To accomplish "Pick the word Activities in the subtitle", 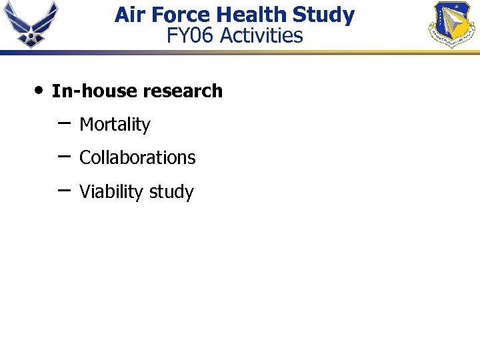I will tap(261, 35).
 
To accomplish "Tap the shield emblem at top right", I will tap(451, 24).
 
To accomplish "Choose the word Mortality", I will tap(115, 125).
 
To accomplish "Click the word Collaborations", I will tap(137, 158).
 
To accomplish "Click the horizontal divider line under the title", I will tap(240, 51).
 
